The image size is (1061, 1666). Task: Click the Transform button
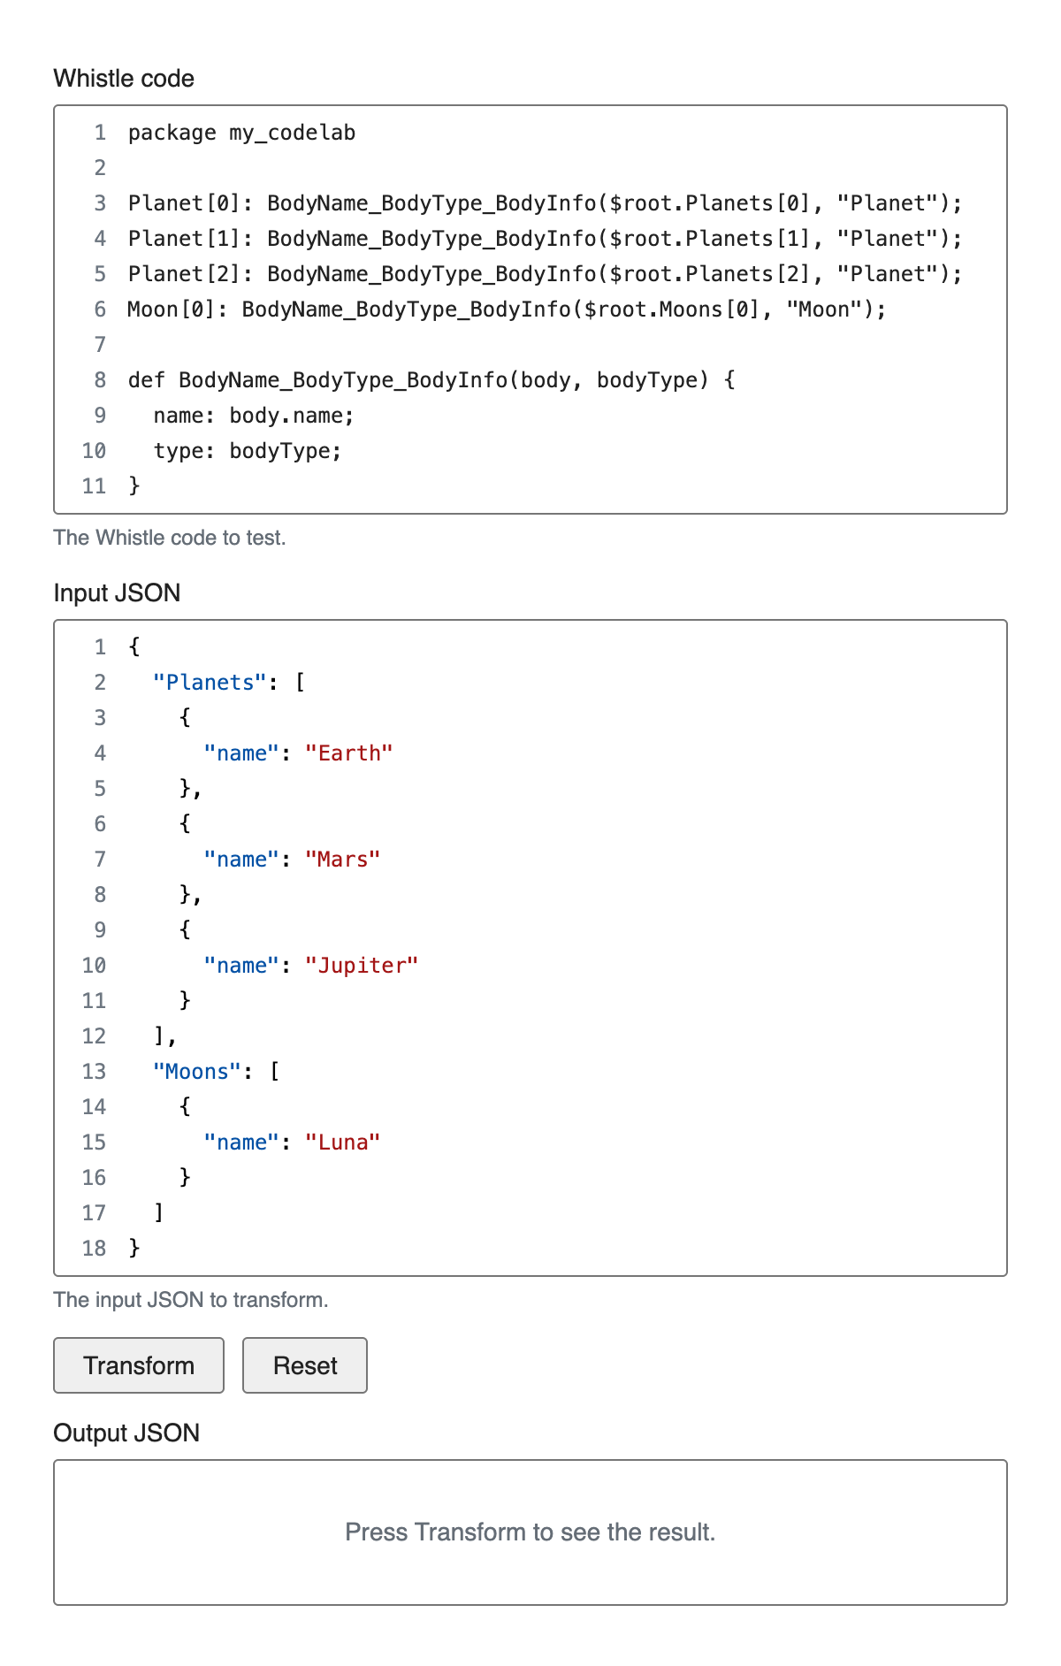pos(139,1365)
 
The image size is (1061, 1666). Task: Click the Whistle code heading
pos(124,79)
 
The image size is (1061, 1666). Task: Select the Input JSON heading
pos(117,592)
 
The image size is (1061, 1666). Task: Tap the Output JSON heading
pos(126,1433)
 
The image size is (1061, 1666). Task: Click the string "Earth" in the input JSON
pos(348,753)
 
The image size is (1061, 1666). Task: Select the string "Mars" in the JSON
pos(342,860)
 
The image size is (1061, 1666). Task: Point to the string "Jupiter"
pos(361,966)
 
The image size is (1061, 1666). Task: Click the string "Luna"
pos(342,1143)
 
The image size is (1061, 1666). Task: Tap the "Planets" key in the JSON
pos(210,683)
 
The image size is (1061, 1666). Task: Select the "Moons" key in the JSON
pos(197,1072)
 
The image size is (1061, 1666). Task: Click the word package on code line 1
pos(172,133)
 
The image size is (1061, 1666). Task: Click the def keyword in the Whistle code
pos(146,380)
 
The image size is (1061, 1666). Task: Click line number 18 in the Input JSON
pos(94,1249)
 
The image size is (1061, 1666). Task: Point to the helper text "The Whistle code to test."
pos(170,538)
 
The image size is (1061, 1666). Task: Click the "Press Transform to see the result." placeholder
pos(530,1532)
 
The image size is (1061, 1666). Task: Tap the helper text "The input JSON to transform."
pos(191,1300)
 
